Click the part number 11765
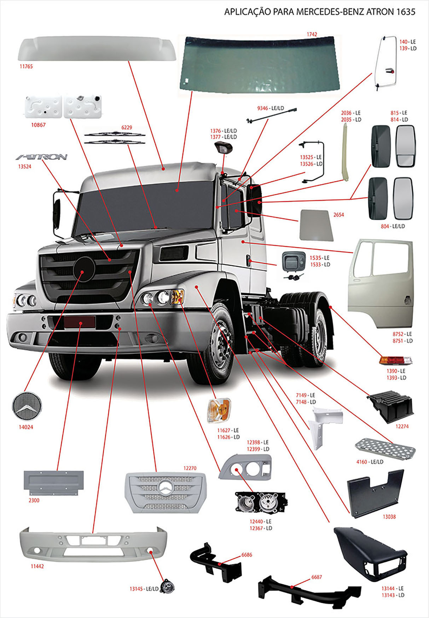click(x=26, y=66)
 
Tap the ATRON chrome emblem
click(x=42, y=157)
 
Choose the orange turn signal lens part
click(x=219, y=410)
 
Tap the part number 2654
click(x=338, y=215)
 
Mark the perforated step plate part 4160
click(x=385, y=449)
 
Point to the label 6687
click(x=317, y=577)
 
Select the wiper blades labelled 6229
click(x=115, y=138)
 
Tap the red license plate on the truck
click(x=80, y=322)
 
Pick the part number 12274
click(x=402, y=426)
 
